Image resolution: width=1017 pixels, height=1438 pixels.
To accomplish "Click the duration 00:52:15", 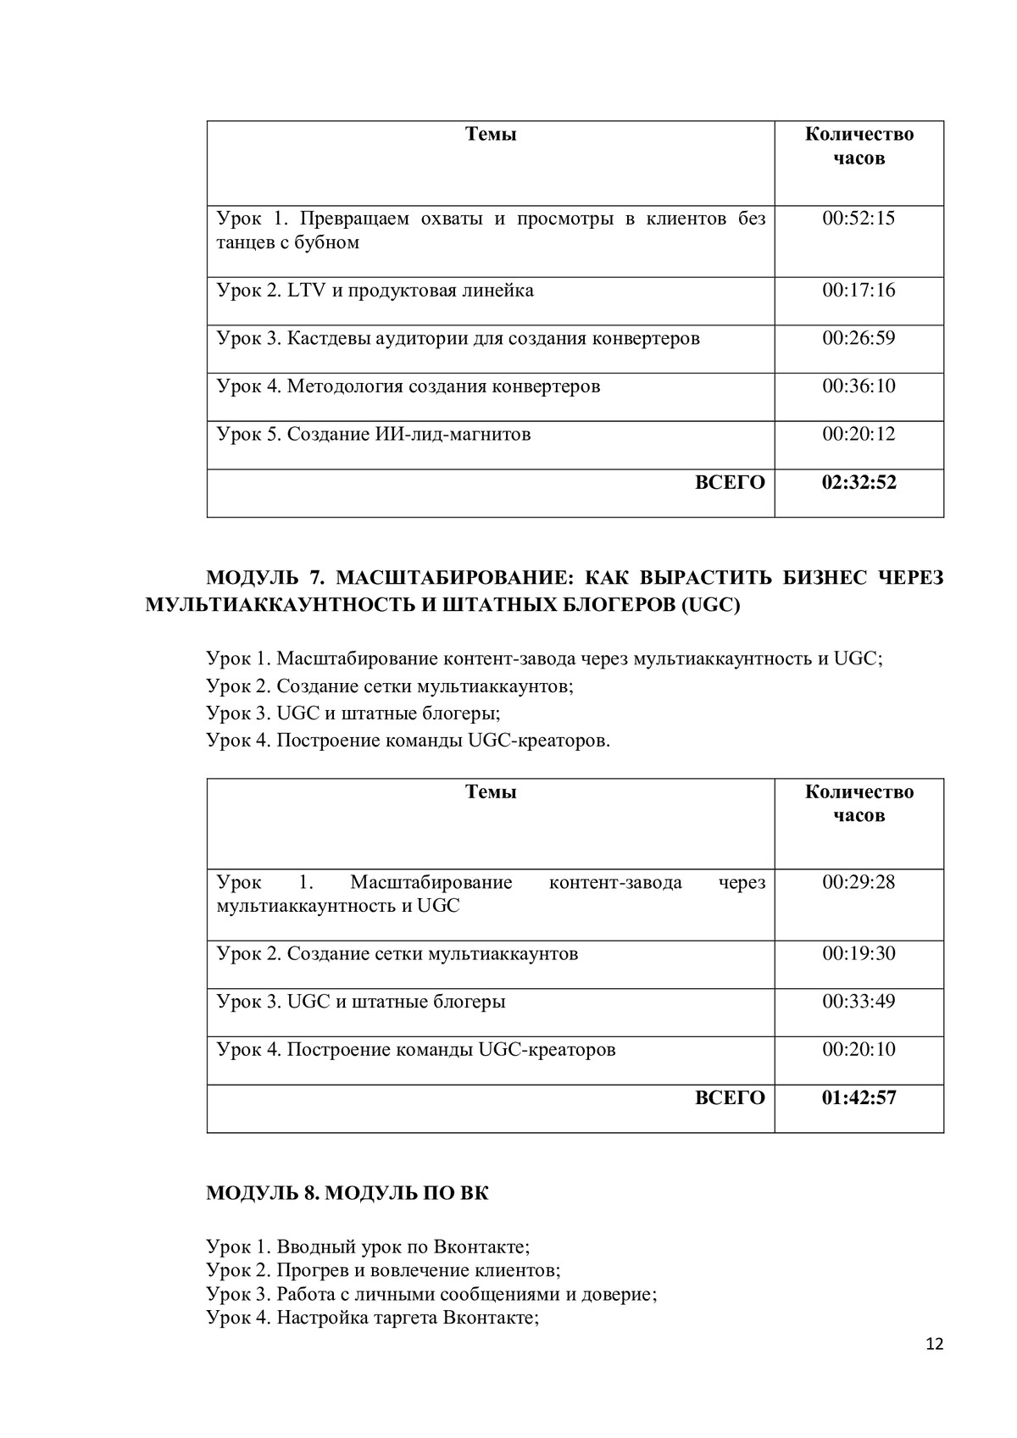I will click(x=858, y=219).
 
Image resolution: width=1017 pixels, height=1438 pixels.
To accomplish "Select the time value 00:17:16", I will click(x=858, y=291).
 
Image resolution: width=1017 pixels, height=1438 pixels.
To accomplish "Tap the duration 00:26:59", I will click(x=858, y=339).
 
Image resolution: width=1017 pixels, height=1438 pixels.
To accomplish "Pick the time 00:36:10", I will click(x=858, y=386).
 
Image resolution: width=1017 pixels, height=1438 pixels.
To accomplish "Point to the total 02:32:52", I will click(x=858, y=483).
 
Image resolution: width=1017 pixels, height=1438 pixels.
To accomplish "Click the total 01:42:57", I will click(x=858, y=1098).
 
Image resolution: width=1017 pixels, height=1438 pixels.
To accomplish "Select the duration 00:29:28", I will click(x=858, y=882).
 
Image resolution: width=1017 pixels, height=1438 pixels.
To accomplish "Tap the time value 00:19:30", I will click(x=858, y=954).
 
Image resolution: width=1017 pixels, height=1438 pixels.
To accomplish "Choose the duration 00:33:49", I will click(x=858, y=1002).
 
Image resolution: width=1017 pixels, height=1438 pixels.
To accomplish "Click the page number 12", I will click(x=934, y=1344).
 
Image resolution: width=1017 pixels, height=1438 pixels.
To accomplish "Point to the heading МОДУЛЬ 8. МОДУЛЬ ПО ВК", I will click(x=347, y=1193).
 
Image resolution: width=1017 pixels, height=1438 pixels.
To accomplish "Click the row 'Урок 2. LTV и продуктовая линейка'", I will click(x=375, y=291).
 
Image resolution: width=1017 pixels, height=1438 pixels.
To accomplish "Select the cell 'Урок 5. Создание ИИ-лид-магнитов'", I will click(x=374, y=435).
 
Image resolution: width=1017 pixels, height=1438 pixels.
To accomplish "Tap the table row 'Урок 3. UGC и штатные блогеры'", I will click(x=361, y=1002).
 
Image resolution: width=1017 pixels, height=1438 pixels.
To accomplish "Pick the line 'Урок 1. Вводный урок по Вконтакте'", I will click(x=368, y=1246).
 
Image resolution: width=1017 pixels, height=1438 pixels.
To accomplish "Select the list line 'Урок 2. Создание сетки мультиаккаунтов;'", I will click(x=390, y=686).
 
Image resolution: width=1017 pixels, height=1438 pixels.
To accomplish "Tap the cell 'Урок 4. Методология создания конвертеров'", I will click(x=408, y=386).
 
